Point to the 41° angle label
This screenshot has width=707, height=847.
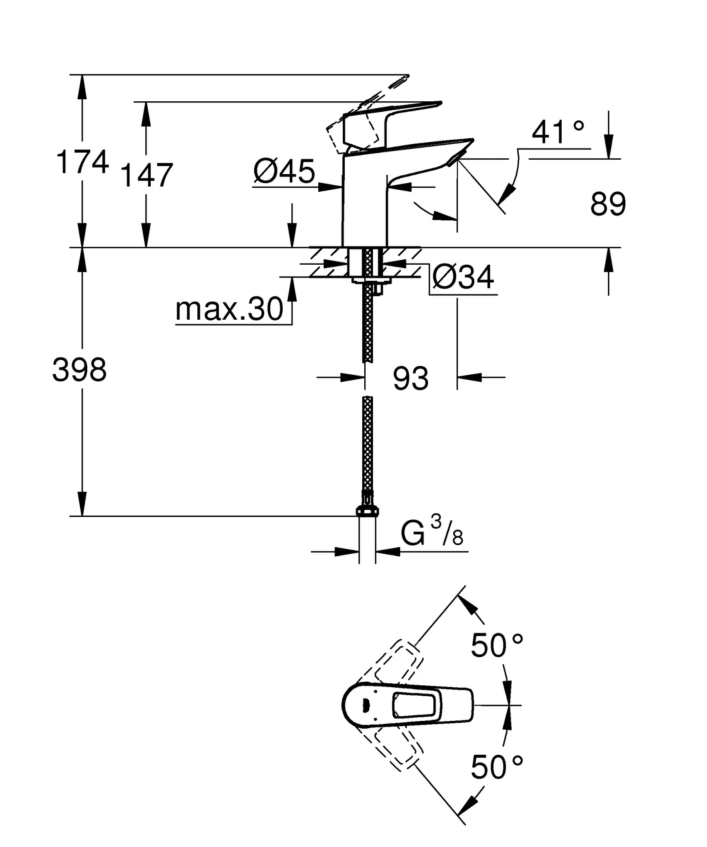[558, 132]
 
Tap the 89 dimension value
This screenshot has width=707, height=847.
[608, 204]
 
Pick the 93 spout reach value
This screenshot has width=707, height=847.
[411, 378]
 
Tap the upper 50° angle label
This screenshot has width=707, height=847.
[497, 646]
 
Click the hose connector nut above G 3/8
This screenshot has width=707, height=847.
[367, 512]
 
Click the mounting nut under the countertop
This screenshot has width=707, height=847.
[371, 281]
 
